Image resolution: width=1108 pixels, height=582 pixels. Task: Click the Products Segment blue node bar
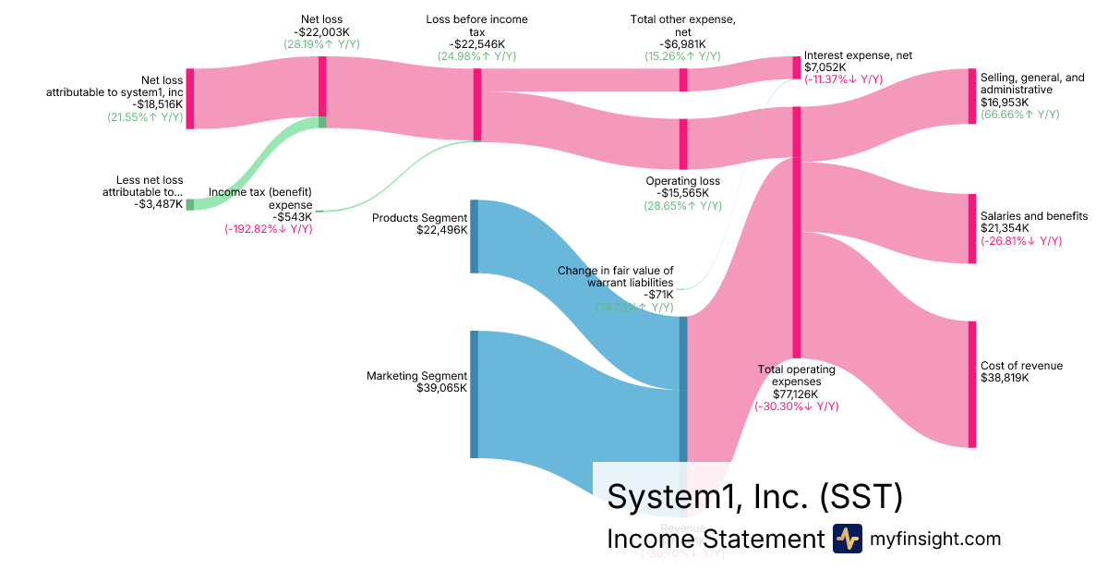(474, 236)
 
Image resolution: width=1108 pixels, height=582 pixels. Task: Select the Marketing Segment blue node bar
(474, 394)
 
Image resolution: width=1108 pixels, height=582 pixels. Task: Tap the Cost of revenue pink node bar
(970, 383)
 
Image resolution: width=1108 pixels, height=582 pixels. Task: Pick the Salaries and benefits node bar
(970, 228)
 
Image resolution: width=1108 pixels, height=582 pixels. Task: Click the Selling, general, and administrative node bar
(970, 96)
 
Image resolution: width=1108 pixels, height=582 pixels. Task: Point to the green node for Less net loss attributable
(190, 204)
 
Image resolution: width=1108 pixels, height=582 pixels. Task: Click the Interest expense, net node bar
(796, 67)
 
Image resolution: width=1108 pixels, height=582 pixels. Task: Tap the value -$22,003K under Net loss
(322, 31)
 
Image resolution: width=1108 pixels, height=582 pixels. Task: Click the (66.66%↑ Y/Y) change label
(1019, 115)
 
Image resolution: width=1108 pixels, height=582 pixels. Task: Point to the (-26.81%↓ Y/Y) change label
(1021, 241)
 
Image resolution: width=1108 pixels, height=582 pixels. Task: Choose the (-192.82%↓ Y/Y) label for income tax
(269, 228)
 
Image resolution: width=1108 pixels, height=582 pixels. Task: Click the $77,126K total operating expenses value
(796, 394)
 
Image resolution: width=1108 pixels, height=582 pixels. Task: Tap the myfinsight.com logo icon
(847, 539)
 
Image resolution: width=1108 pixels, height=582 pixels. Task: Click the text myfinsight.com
(935, 539)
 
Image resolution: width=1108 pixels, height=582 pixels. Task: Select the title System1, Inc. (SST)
(753, 497)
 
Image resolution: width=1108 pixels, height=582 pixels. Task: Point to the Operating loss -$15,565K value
(682, 193)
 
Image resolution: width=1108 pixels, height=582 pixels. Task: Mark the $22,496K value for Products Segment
(441, 230)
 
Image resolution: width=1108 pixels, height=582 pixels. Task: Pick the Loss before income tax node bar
(477, 104)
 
